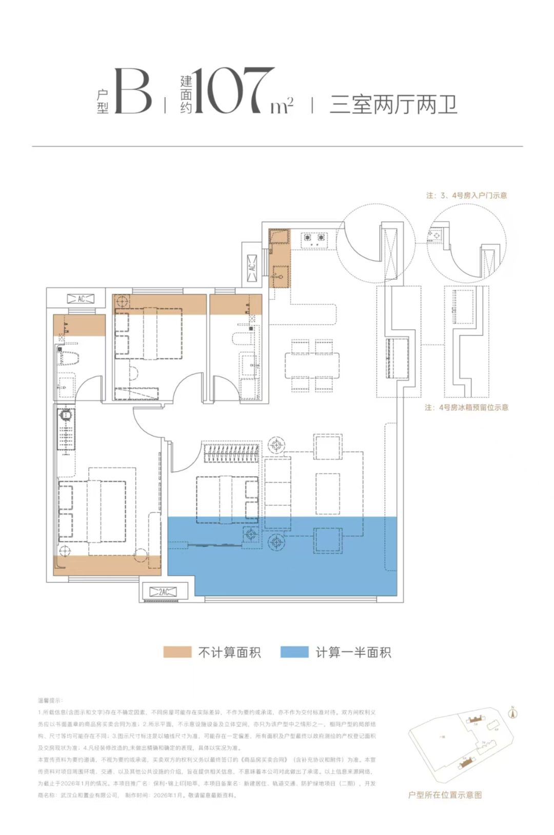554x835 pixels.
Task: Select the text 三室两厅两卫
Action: (x=393, y=105)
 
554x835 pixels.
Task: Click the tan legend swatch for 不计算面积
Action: (x=177, y=652)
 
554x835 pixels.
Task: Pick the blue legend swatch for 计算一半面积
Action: (x=294, y=652)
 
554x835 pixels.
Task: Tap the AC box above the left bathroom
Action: (x=81, y=299)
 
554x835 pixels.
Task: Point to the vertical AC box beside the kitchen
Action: (x=252, y=268)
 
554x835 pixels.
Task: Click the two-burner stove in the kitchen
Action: (x=314, y=238)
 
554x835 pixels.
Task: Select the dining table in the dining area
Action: (x=312, y=365)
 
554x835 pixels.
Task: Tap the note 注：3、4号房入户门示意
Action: (x=466, y=196)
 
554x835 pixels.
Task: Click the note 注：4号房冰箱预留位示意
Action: (x=466, y=408)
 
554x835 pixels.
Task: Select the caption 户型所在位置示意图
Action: (x=445, y=795)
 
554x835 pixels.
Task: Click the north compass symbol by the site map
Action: (x=512, y=713)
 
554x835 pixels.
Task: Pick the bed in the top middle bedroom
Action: (x=154, y=334)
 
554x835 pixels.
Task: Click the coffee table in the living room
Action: (x=328, y=494)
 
